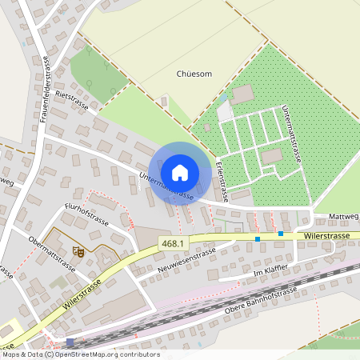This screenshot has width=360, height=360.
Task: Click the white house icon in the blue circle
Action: pyautogui.click(x=179, y=173)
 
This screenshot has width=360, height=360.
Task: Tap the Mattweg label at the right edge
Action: pyautogui.click(x=346, y=216)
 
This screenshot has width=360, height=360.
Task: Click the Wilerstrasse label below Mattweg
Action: pyautogui.click(x=327, y=236)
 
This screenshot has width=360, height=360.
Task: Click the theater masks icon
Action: pyautogui.click(x=78, y=251)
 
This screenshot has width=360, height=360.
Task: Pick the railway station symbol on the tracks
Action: pyautogui.click(x=70, y=342)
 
